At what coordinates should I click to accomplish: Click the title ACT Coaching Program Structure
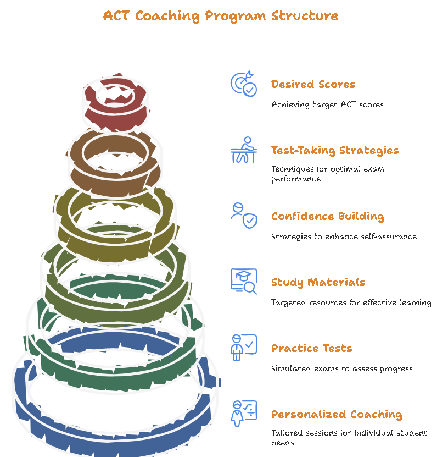[221, 15]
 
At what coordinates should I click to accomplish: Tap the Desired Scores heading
[313, 84]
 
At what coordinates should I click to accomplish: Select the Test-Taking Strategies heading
[335, 150]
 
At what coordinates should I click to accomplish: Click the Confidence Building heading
[327, 216]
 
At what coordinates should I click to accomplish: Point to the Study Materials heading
[318, 282]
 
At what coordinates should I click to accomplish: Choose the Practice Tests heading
[311, 348]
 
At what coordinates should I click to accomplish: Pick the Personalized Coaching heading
[337, 414]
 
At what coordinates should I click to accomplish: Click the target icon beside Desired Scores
[243, 84]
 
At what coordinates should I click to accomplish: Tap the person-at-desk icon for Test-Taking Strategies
[243, 150]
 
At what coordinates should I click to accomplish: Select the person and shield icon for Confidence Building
[243, 216]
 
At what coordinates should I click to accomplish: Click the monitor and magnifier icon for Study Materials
[243, 282]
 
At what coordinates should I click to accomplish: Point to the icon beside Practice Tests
[243, 348]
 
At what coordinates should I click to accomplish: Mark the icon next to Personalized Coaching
[243, 414]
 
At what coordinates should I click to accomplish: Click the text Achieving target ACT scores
[327, 104]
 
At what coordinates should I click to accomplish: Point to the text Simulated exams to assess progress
[341, 368]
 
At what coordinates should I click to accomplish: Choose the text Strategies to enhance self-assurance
[344, 236]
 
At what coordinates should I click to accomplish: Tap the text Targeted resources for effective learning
[351, 302]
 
